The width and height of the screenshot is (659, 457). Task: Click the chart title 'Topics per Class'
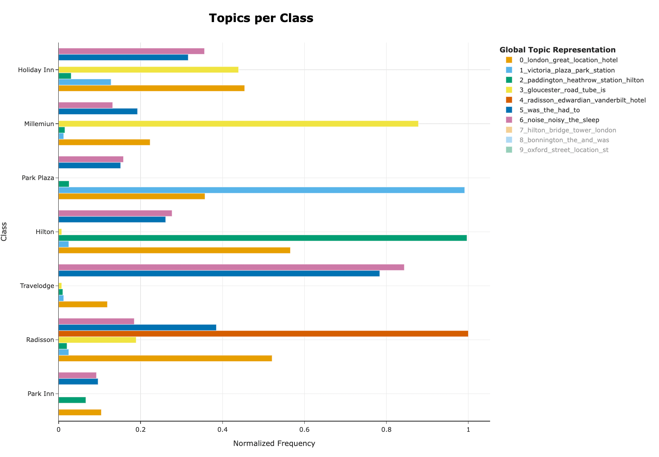pyautogui.click(x=261, y=18)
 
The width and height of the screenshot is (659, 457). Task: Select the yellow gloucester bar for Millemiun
pyautogui.click(x=238, y=124)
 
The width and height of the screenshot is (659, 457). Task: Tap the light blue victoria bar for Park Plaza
pyautogui.click(x=261, y=190)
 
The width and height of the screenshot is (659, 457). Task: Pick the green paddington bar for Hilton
pyautogui.click(x=263, y=238)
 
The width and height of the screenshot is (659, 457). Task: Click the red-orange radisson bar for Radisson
pyautogui.click(x=263, y=334)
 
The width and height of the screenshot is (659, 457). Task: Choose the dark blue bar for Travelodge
pyautogui.click(x=219, y=273)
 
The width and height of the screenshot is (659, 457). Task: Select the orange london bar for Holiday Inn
pyautogui.click(x=152, y=88)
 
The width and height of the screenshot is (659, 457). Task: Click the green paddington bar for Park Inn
pyautogui.click(x=72, y=400)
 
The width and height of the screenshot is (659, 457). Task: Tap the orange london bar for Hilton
pyautogui.click(x=174, y=250)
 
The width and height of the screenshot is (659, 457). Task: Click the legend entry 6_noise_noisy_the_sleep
pyautogui.click(x=559, y=120)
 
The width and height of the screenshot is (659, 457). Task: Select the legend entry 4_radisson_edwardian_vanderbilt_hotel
pyautogui.click(x=582, y=100)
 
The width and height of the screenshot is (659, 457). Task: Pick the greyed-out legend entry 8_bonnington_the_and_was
pyautogui.click(x=564, y=140)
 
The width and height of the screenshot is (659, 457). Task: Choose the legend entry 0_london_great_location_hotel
pyautogui.click(x=568, y=60)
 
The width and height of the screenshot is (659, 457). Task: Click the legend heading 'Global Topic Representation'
pyautogui.click(x=557, y=50)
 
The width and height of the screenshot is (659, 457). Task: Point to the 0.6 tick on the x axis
pyautogui.click(x=304, y=429)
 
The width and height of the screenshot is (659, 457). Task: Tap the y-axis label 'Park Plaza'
pyautogui.click(x=38, y=178)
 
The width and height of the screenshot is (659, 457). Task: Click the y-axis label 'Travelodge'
pyautogui.click(x=37, y=286)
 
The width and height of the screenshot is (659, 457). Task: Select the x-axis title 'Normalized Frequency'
pyautogui.click(x=274, y=444)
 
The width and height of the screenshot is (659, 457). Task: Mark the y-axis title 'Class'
pyautogui.click(x=4, y=232)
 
